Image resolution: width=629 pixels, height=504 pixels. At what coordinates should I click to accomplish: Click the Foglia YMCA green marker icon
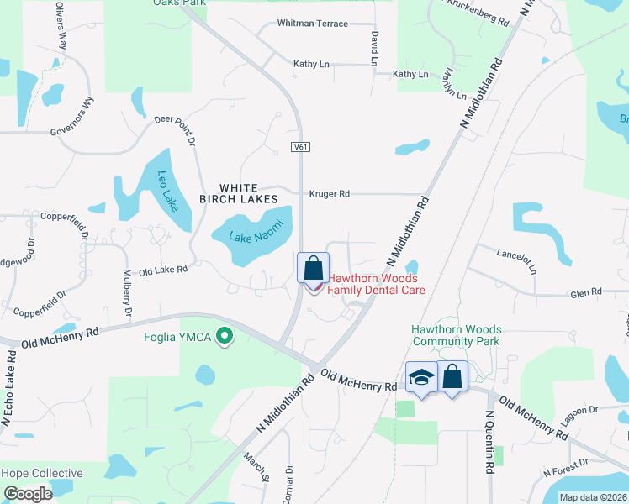pyautogui.click(x=224, y=337)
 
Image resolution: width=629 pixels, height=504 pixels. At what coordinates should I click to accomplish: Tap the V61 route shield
pyautogui.click(x=301, y=147)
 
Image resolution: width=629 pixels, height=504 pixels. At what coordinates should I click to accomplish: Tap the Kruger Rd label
pyautogui.click(x=329, y=194)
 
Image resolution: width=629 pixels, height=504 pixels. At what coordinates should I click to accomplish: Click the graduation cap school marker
pyautogui.click(x=421, y=378)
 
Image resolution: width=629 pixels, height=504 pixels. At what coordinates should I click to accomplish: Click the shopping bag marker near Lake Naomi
pyautogui.click(x=313, y=268)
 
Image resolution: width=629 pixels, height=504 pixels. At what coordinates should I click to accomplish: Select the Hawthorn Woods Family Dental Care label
pyautogui.click(x=376, y=284)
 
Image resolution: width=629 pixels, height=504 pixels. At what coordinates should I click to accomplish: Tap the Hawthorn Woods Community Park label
pyautogui.click(x=456, y=335)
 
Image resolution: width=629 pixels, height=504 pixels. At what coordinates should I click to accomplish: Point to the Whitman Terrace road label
pyautogui.click(x=312, y=24)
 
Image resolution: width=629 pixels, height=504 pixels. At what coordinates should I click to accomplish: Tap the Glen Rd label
pyautogui.click(x=586, y=291)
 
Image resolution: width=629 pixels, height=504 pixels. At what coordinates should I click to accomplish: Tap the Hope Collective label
pyautogui.click(x=42, y=473)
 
